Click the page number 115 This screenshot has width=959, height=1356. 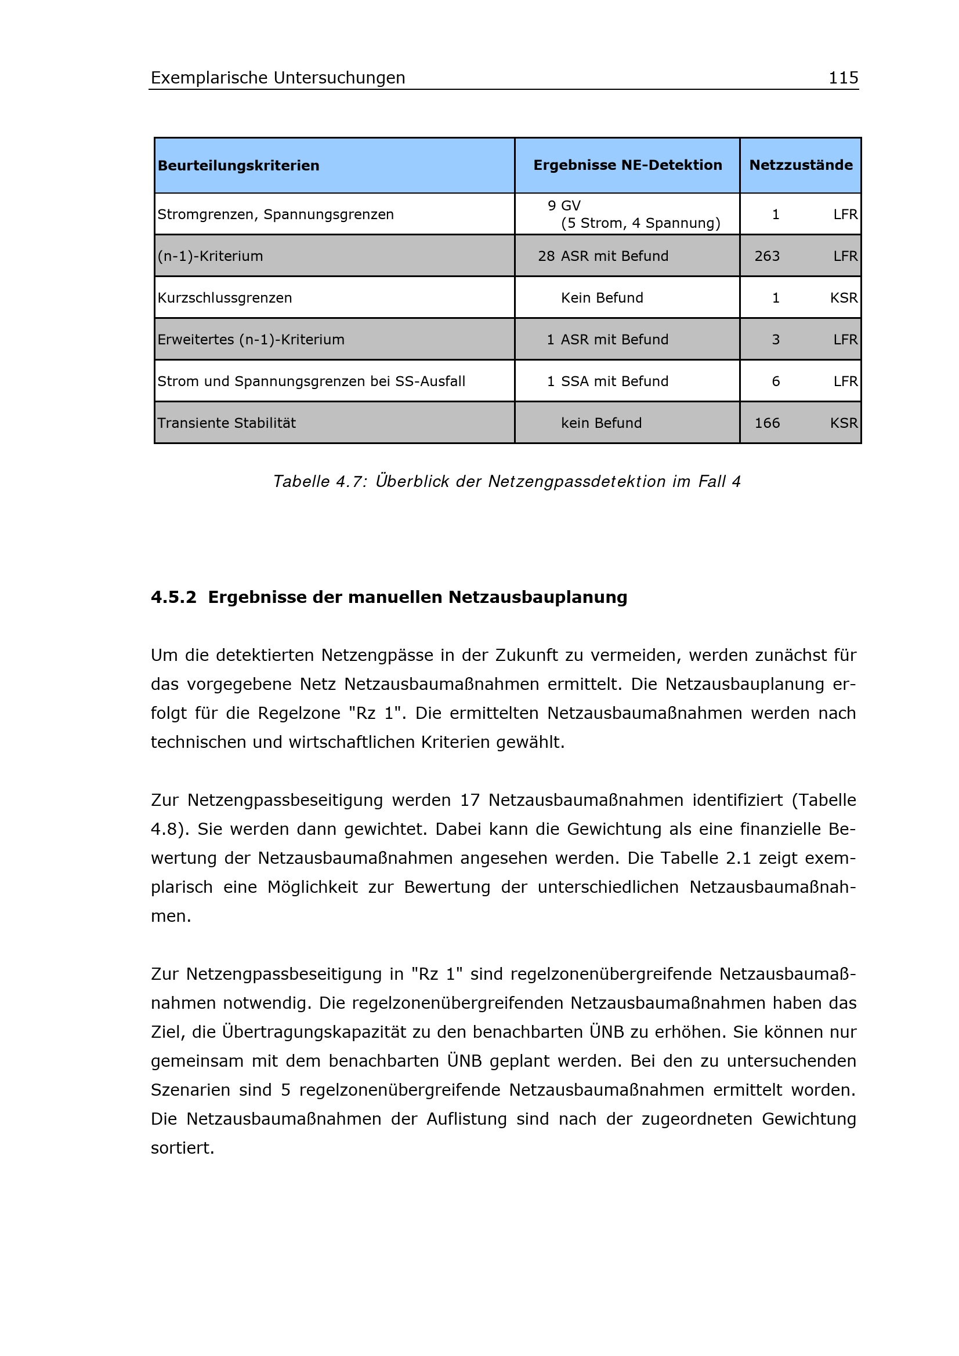coord(842,77)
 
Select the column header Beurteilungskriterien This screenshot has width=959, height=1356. coord(238,166)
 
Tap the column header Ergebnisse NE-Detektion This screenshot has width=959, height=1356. coord(627,165)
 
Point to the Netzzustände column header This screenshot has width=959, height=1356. coord(800,165)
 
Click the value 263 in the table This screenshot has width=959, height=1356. coord(766,256)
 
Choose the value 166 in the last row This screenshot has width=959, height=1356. coord(766,423)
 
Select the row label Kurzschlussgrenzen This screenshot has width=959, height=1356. coord(225,298)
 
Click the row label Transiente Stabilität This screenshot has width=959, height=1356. coord(226,423)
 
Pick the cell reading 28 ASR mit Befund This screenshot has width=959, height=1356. coord(603,256)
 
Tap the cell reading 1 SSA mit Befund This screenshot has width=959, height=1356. coord(607,381)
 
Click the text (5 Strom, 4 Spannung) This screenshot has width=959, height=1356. coord(640,223)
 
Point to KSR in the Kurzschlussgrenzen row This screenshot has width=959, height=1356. coord(843,298)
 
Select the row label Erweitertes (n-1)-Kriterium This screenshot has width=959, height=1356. coord(251,340)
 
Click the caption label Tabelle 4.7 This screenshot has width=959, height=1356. coord(320,482)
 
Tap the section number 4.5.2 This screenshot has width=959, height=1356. coord(173,598)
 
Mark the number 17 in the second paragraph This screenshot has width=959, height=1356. coord(469,800)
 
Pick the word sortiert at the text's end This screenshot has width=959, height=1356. coord(182,1148)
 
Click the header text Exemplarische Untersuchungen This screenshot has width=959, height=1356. coord(278,78)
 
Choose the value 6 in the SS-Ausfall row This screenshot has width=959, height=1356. coord(775,381)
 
